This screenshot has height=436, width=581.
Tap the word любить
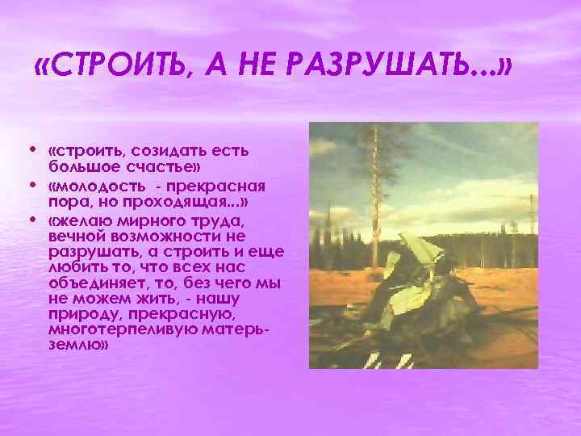point(70,268)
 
